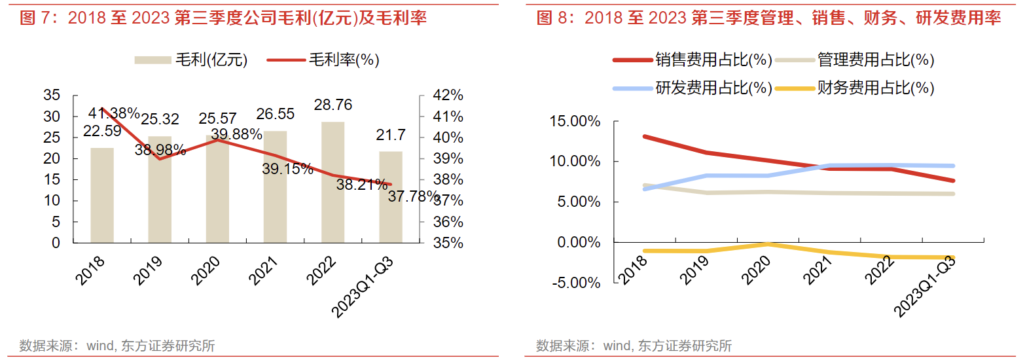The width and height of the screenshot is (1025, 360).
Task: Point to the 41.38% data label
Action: [115, 113]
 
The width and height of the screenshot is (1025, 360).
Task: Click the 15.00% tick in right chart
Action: [577, 121]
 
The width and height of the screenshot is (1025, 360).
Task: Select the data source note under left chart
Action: [117, 346]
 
